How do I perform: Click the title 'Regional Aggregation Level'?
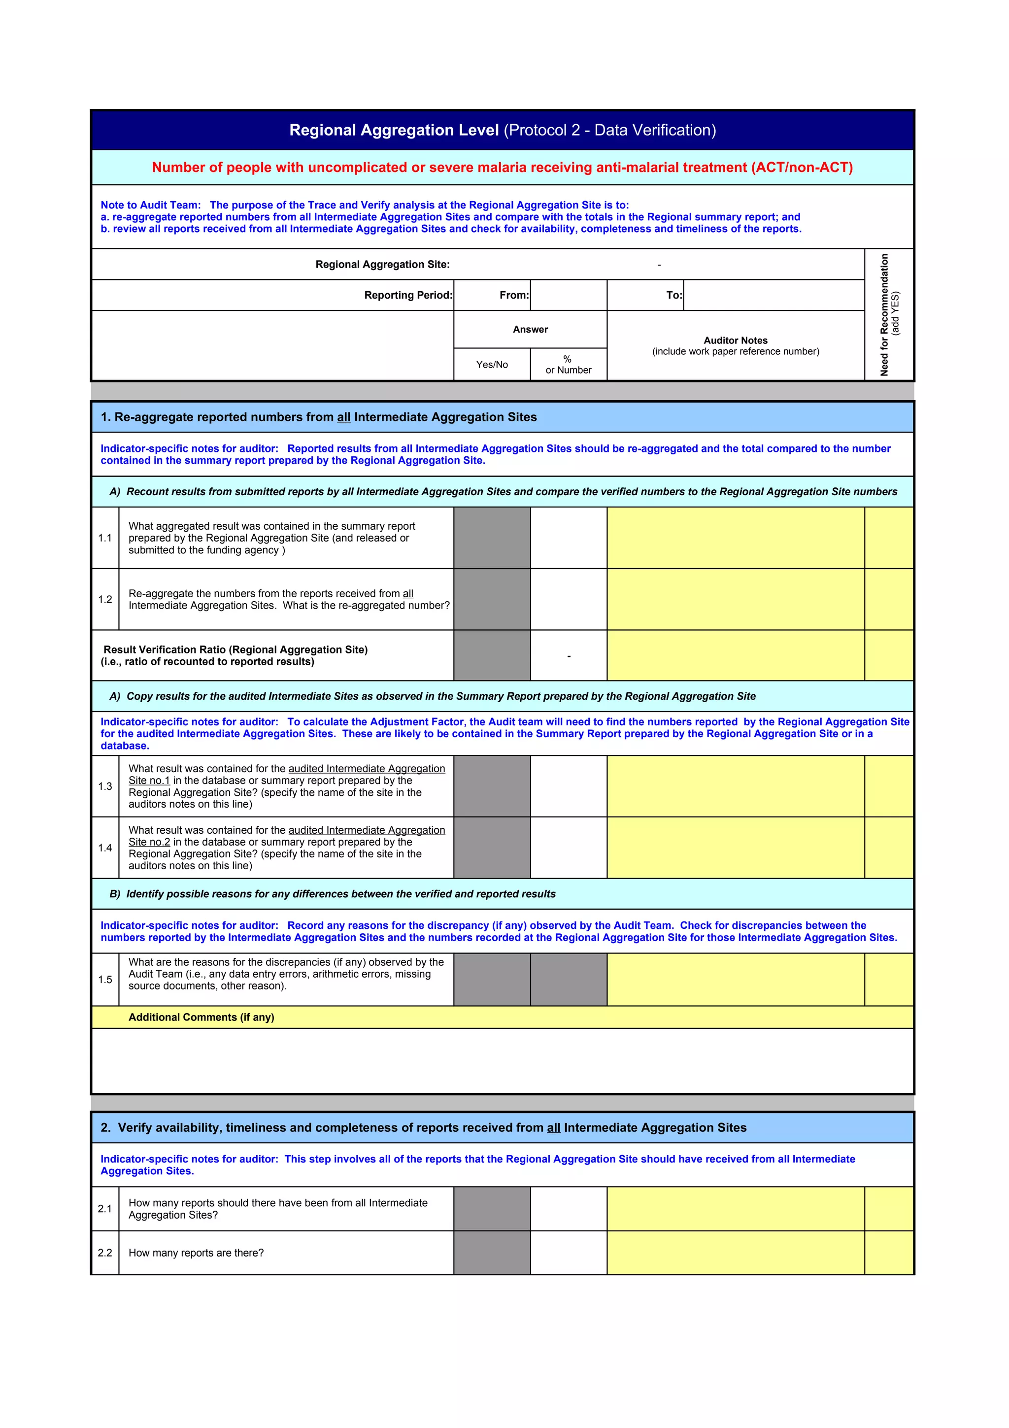point(394,130)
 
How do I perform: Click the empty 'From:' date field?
point(568,295)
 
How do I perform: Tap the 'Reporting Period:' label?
point(408,295)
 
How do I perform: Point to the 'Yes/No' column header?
point(492,365)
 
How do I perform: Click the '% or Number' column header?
point(568,365)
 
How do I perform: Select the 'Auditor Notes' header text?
point(735,340)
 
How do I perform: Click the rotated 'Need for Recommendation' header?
point(888,315)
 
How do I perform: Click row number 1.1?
point(105,538)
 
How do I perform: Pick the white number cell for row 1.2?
point(568,599)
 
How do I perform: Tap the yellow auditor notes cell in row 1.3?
point(735,786)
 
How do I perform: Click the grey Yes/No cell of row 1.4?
point(492,848)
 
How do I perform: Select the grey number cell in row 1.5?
point(568,980)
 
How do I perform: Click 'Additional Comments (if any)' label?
point(201,1017)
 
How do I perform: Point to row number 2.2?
point(105,1253)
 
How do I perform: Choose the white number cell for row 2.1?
point(568,1208)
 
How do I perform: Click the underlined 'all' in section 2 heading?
point(553,1127)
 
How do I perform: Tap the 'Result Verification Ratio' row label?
point(235,655)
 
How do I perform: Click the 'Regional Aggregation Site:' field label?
point(382,264)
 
